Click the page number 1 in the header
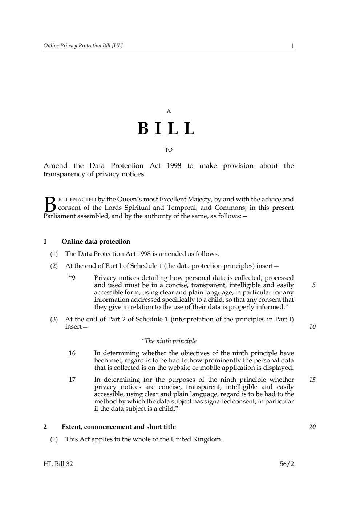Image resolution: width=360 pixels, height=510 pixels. pyautogui.click(x=292, y=46)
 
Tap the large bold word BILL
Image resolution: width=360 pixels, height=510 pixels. pyautogui.click(x=167, y=129)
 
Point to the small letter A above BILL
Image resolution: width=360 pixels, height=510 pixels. pyautogui.click(x=169, y=111)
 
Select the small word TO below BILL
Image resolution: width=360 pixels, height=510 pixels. pyautogui.click(x=169, y=150)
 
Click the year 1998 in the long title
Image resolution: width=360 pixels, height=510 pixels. pyautogui.click(x=174, y=166)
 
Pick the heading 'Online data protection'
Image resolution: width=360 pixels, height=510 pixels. pyautogui.click(x=96, y=241)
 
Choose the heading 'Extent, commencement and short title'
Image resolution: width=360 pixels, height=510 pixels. pyautogui.click(x=118, y=427)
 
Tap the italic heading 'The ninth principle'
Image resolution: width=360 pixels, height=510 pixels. pyautogui.click(x=169, y=341)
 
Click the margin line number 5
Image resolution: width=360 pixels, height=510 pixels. pyautogui.click(x=314, y=285)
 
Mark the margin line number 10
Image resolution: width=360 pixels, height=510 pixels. pyautogui.click(x=312, y=326)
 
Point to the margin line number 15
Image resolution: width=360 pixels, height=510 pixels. pyautogui.click(x=312, y=380)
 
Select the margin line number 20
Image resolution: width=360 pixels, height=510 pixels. pyautogui.click(x=312, y=427)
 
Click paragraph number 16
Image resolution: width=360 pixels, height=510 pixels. pyautogui.click(x=72, y=353)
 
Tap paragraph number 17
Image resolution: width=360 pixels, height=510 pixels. pyautogui.click(x=72, y=380)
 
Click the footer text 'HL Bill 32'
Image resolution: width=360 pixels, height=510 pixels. pyautogui.click(x=58, y=464)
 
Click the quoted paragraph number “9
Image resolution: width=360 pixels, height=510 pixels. pyautogui.click(x=72, y=278)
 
